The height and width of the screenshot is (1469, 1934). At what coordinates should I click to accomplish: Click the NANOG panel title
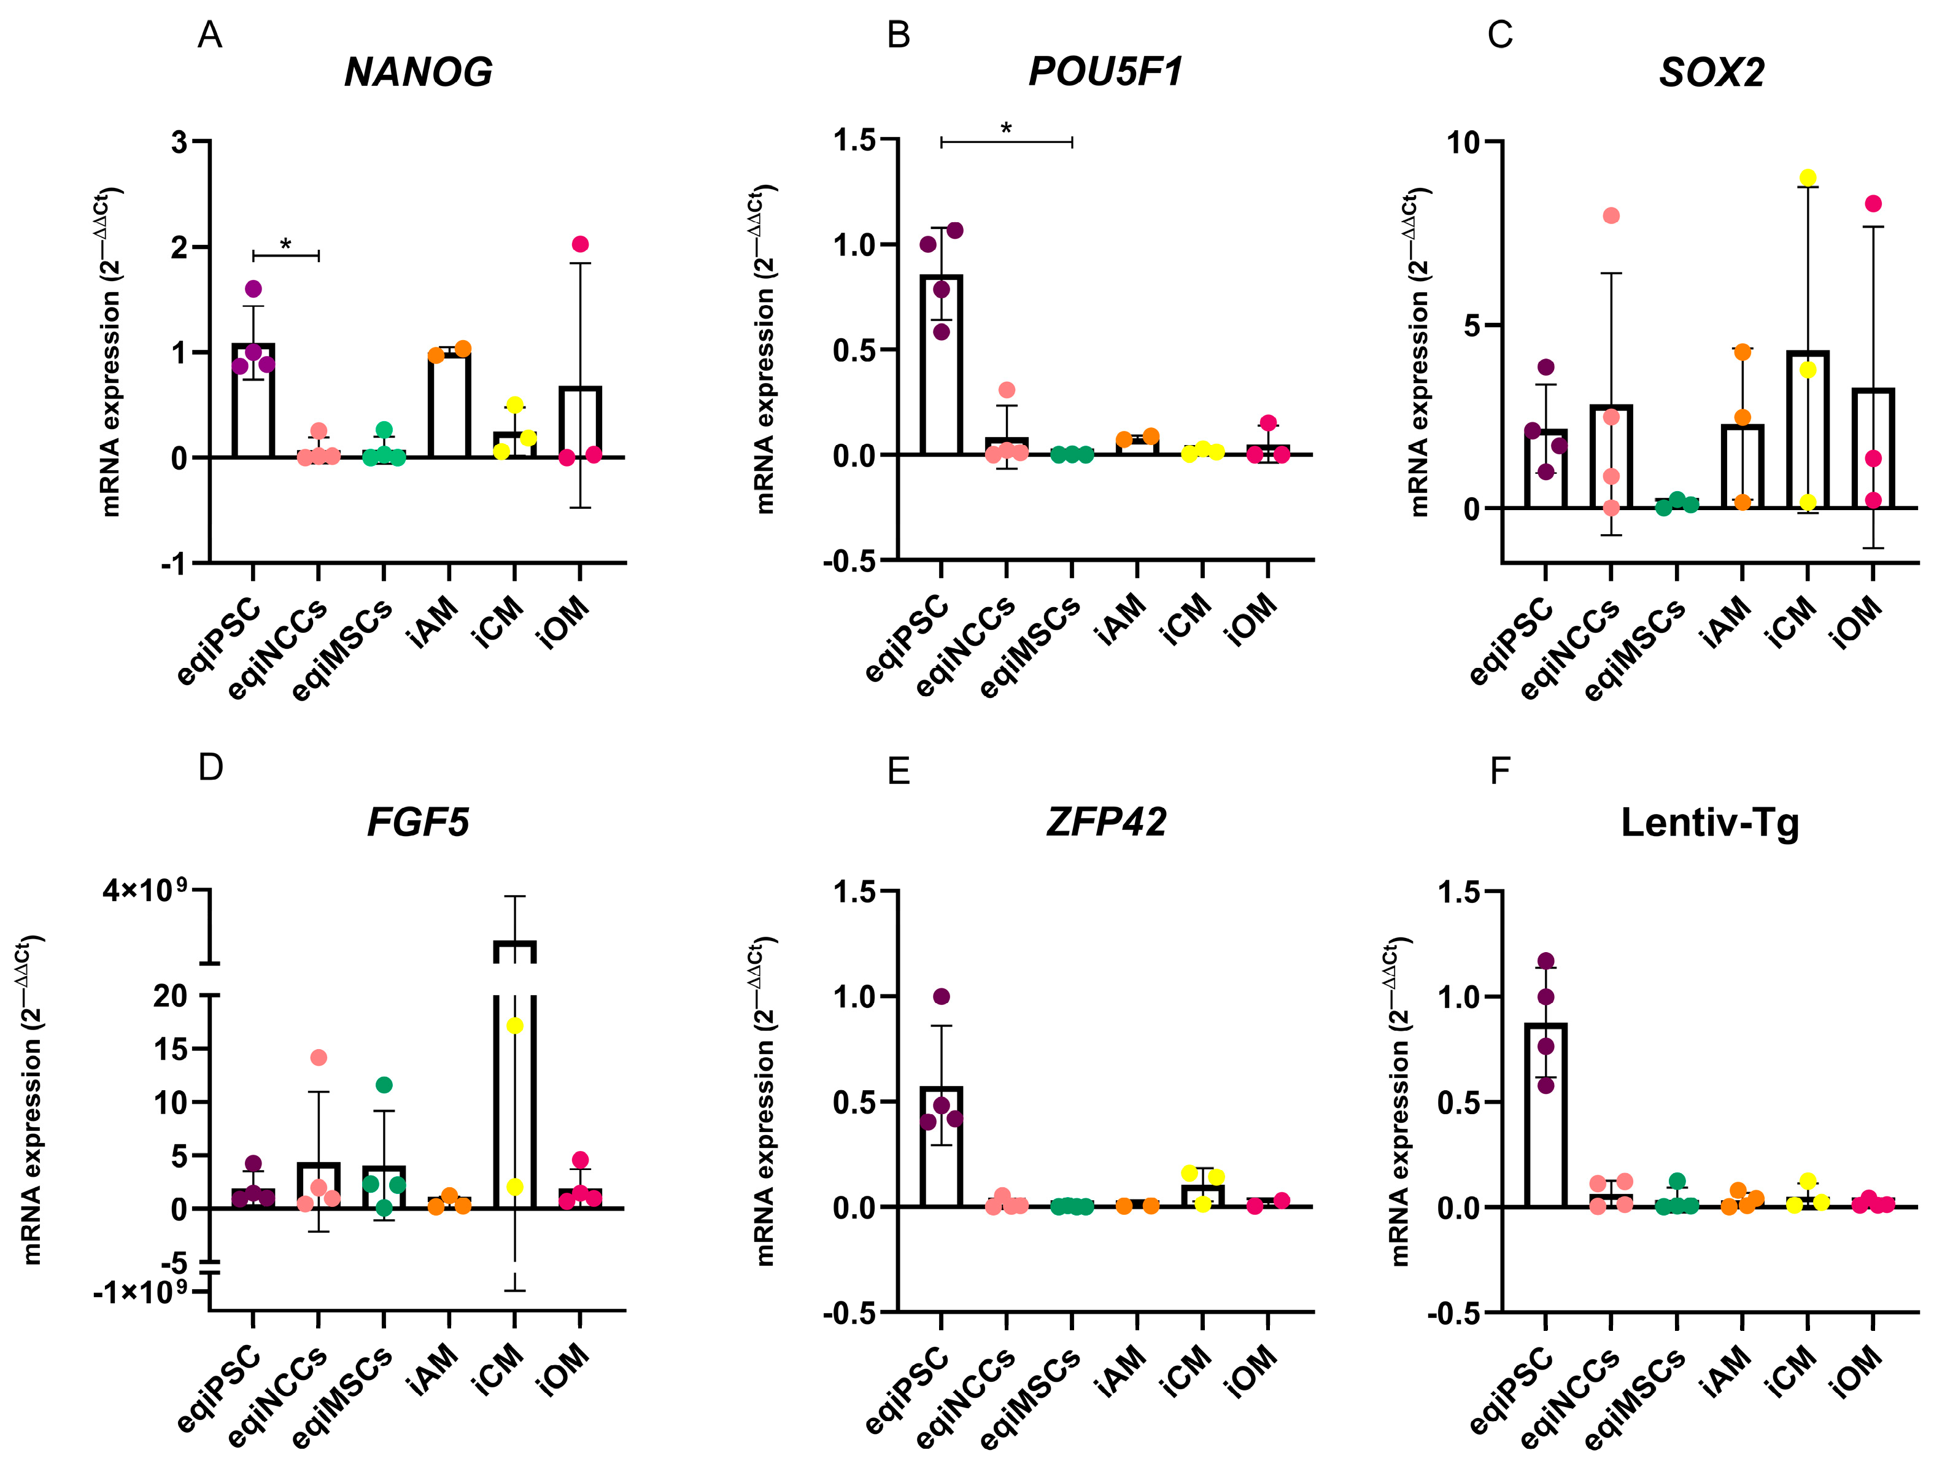pos(418,72)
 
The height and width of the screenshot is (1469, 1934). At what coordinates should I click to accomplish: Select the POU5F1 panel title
pos(1105,72)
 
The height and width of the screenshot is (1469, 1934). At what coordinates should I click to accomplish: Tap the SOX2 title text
pos(1711,72)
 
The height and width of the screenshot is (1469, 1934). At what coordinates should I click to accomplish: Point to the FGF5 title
pos(418,822)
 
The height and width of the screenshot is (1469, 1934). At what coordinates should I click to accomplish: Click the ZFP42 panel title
pos(1106,822)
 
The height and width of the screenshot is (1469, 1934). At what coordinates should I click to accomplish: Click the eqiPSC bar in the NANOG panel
pos(253,400)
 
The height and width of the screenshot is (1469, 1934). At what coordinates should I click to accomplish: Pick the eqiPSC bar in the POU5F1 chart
pos(941,365)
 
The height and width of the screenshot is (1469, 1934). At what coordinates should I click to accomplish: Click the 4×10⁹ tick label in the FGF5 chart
pos(145,890)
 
